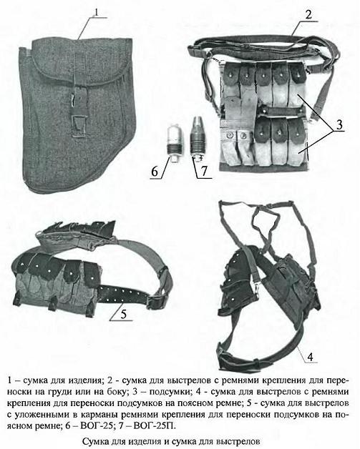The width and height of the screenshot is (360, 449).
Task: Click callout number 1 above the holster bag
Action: (97, 12)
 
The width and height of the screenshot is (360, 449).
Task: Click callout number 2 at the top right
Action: (308, 15)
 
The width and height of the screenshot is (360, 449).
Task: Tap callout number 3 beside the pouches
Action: (339, 125)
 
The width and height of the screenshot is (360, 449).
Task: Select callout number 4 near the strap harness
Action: (310, 357)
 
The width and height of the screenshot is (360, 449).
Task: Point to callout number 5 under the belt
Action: (123, 315)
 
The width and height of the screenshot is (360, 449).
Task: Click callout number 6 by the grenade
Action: (155, 172)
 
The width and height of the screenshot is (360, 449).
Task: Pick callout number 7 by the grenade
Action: (204, 172)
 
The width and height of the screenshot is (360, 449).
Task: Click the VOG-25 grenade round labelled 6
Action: (175, 144)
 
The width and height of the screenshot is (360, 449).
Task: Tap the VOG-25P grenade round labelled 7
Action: (198, 138)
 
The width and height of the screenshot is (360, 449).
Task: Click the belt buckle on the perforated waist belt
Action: (157, 301)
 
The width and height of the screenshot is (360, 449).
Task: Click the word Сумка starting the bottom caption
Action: (94, 441)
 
